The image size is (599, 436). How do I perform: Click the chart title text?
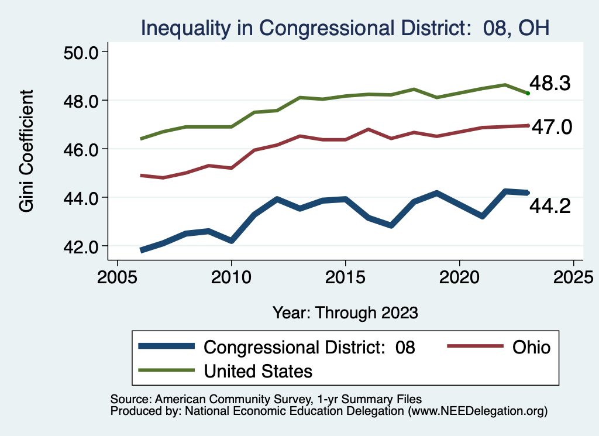point(344,28)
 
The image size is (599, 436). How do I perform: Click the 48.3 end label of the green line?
point(550,84)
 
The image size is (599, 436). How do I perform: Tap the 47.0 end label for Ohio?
point(550,127)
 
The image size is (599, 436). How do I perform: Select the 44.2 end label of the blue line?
point(550,205)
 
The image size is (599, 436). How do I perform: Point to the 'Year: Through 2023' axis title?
point(345,313)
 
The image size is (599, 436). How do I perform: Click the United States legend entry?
point(258,370)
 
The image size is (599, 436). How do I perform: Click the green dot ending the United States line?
point(528,93)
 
